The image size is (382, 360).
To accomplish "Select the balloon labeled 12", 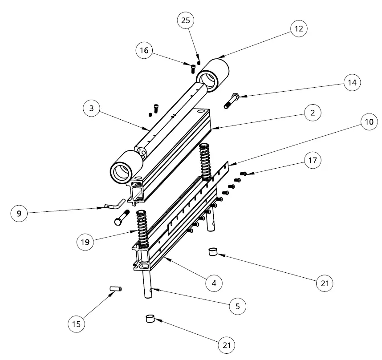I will click(x=299, y=29).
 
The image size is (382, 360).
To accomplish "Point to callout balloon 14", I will click(x=351, y=82).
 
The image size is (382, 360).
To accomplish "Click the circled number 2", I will click(x=313, y=113).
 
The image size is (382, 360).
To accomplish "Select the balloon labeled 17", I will click(x=313, y=160).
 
